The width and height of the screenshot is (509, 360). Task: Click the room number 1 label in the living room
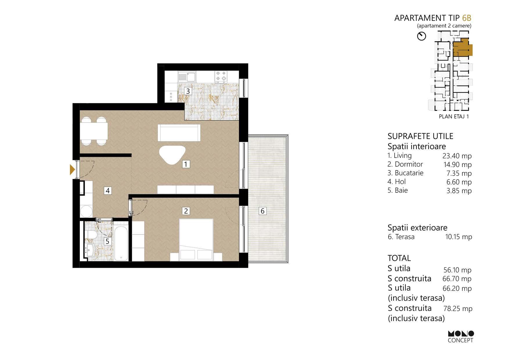186,164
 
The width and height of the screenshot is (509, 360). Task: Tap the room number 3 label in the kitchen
188,91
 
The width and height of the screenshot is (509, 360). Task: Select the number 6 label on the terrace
263,211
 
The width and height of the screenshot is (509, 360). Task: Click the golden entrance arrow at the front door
72,169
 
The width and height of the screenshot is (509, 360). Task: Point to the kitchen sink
187,77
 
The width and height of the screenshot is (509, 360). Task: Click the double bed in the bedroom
196,240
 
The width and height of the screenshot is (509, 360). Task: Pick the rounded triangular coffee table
172,154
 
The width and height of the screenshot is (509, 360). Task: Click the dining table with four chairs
94,131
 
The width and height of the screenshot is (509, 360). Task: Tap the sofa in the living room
179,133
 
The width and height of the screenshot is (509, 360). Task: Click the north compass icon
421,36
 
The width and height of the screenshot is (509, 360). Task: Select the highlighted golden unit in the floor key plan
462,48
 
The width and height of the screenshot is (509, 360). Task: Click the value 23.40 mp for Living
457,156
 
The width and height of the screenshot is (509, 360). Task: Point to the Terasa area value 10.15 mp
459,237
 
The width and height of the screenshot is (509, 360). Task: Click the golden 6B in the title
467,18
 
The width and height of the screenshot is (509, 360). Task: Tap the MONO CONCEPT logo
461,337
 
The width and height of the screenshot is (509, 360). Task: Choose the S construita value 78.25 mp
458,309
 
